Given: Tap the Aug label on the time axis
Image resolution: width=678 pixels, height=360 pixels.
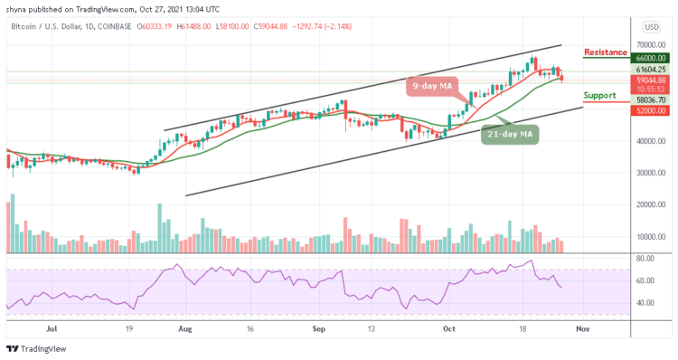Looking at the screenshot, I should (185, 330).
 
